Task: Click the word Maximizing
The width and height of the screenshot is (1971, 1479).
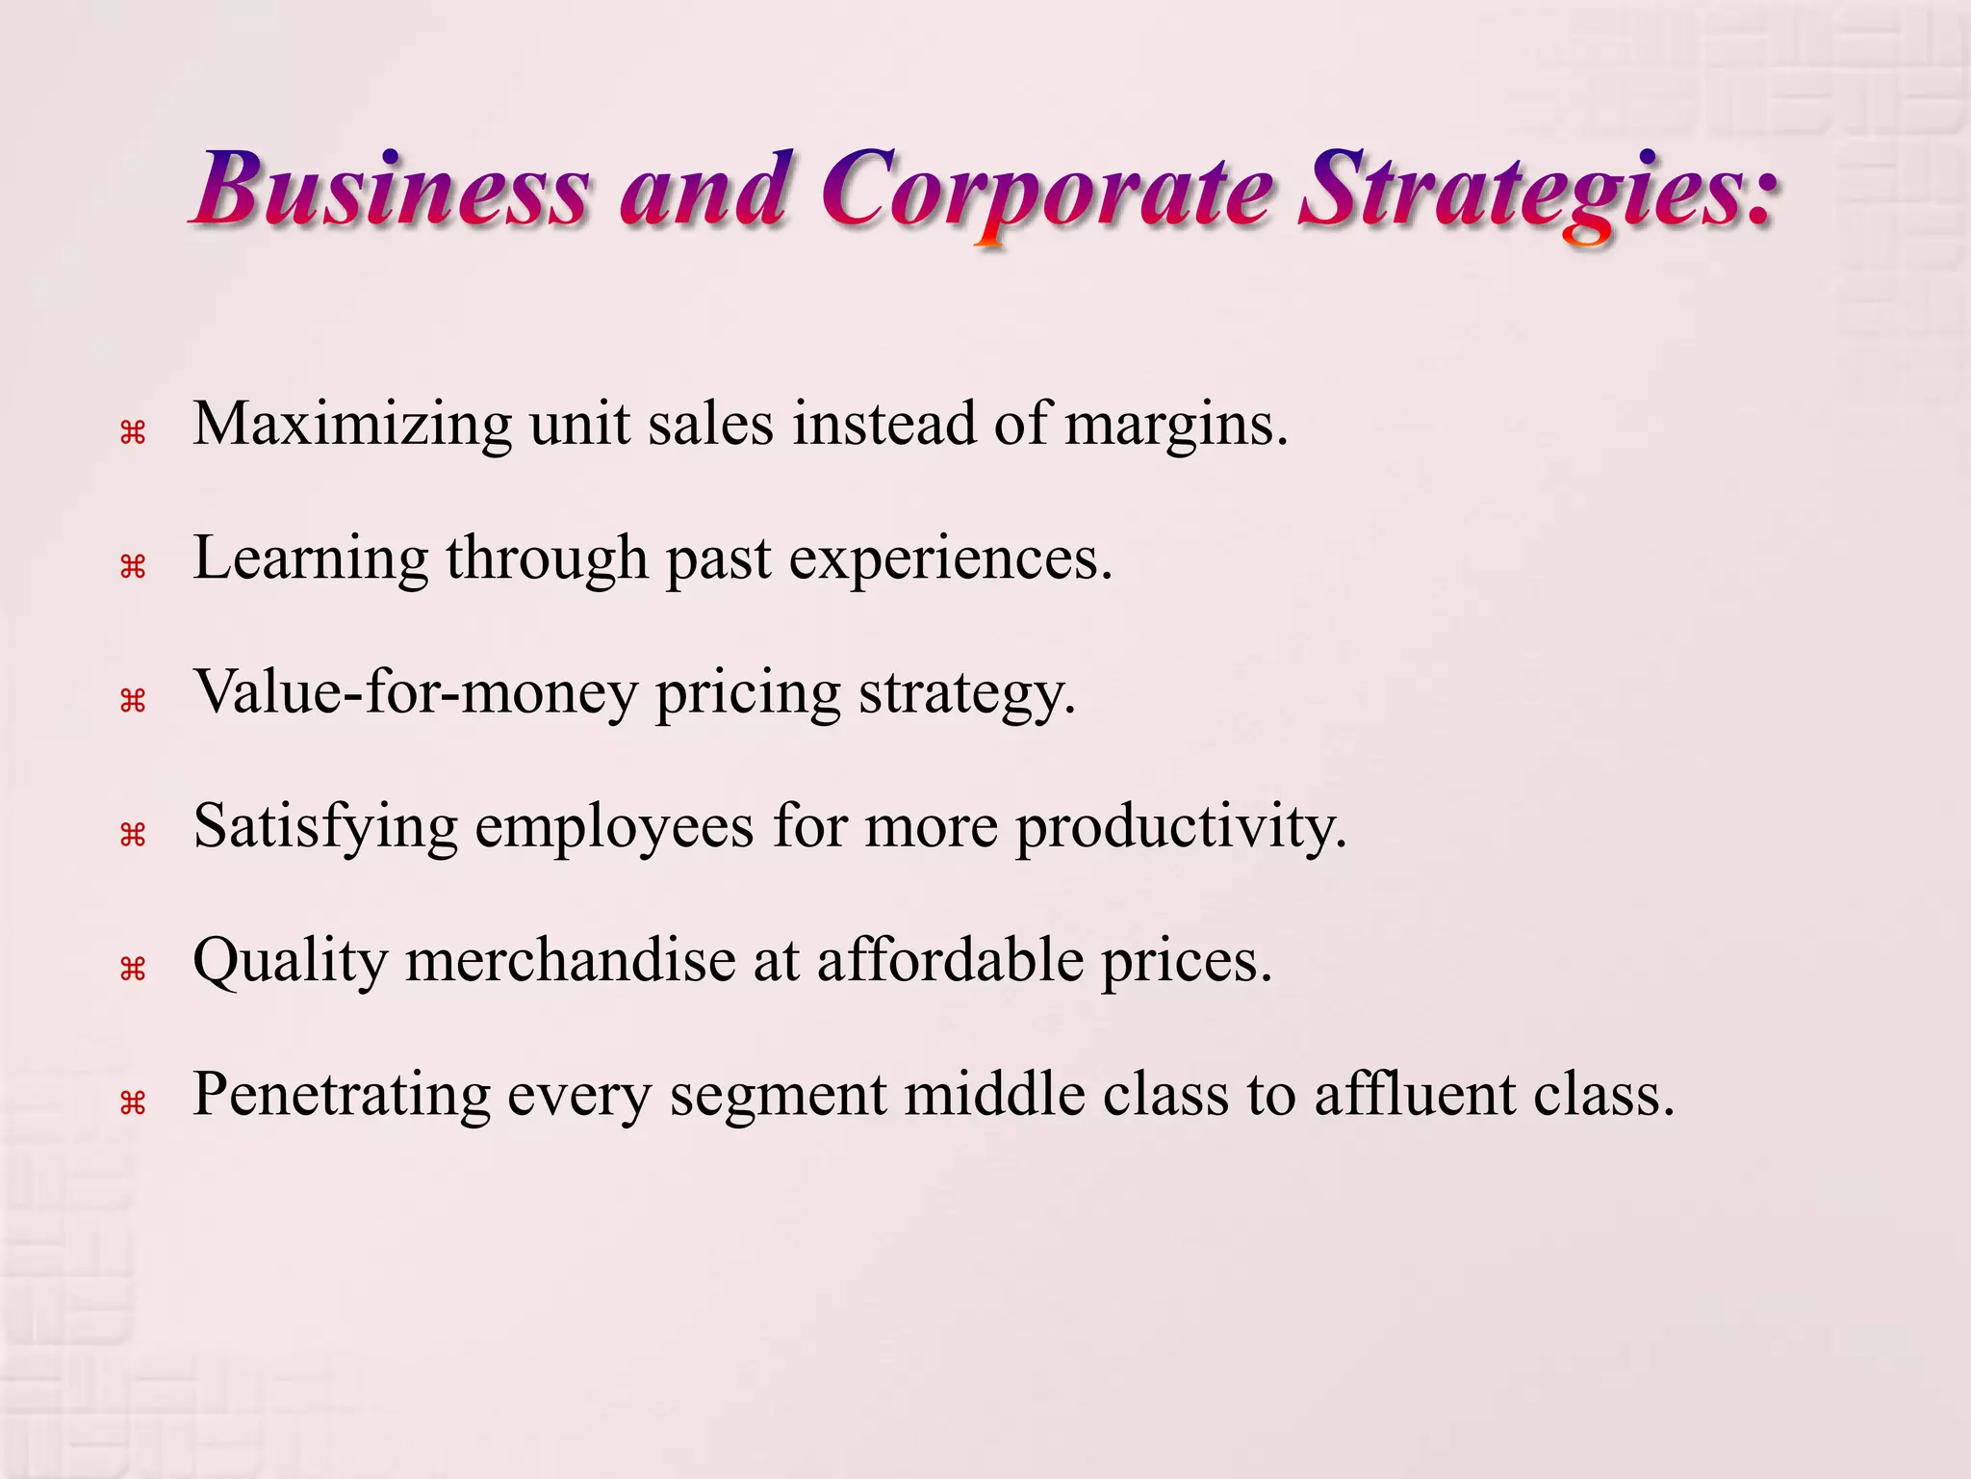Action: [x=352, y=425]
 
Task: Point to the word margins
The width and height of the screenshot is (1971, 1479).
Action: [x=1175, y=425]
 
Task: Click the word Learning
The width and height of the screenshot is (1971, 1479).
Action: [x=310, y=558]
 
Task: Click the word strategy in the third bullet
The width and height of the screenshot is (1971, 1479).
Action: [x=966, y=692]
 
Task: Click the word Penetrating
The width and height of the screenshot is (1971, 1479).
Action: [x=341, y=1095]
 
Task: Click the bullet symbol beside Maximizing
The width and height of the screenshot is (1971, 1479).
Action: [x=132, y=433]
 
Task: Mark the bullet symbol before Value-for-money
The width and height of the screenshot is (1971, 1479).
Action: [x=132, y=701]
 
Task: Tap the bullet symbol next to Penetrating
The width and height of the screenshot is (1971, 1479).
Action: [x=132, y=1103]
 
